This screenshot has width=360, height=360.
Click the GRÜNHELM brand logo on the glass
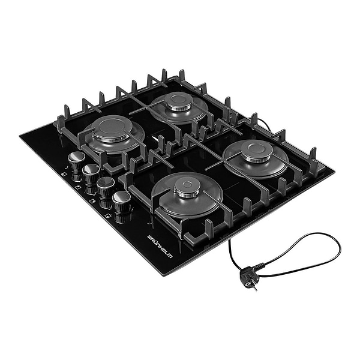tap(160, 247)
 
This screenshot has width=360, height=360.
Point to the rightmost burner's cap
tap(257, 150)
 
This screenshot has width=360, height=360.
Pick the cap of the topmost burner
tap(179, 101)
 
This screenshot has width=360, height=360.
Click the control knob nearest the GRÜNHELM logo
tap(121, 202)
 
